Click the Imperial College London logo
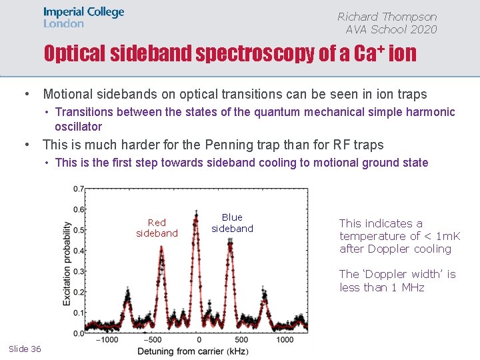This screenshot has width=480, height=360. tap(83, 17)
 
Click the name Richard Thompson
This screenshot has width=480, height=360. tap(387, 17)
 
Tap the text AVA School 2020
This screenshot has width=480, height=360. tap(391, 29)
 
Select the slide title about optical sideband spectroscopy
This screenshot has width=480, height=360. tap(230, 53)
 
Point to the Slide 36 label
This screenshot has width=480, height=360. tap(25, 349)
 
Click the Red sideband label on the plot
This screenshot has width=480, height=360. tap(157, 228)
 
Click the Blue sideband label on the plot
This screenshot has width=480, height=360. tap(232, 223)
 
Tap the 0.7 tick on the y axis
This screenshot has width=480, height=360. tap(79, 189)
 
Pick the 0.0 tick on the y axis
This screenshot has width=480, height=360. tap(79, 333)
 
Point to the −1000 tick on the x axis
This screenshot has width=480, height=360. tap(107, 340)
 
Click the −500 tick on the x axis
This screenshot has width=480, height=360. tap(153, 340)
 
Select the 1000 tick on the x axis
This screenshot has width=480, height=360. tap(284, 340)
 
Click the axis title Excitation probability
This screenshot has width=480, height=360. tap(67, 263)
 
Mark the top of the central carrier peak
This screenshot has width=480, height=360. tap(197, 213)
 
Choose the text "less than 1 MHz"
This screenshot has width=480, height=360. tap(381, 287)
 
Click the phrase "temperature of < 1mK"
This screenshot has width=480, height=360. tap(399, 236)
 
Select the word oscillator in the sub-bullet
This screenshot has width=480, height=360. tap(79, 126)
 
